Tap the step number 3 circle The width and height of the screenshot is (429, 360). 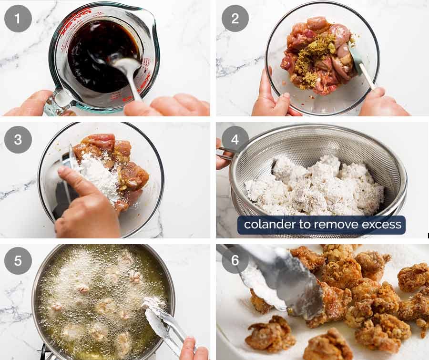pyautogui.click(x=18, y=140)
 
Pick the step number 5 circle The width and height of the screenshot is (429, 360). pyautogui.click(x=18, y=261)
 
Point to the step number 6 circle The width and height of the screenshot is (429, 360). pyautogui.click(x=235, y=261)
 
